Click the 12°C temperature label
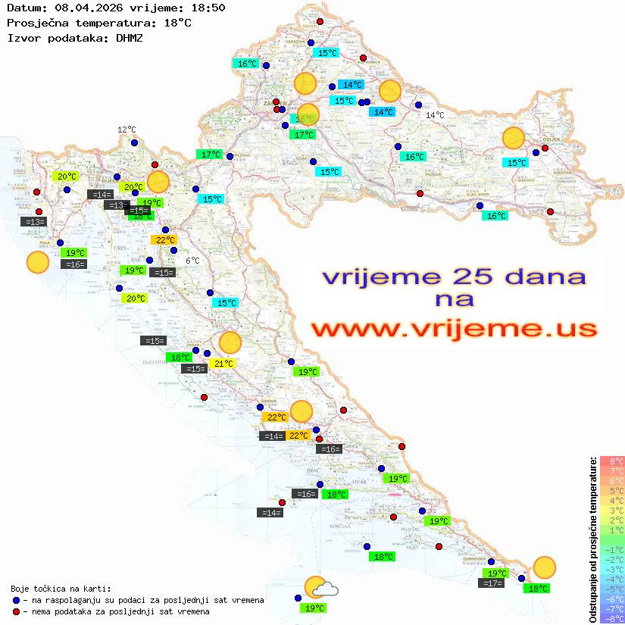pos(127,130)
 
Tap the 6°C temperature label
pos(193,261)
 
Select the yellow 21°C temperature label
pos(223,364)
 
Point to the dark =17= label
pos(492,583)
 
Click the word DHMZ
pos(130,37)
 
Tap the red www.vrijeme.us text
pos(454,330)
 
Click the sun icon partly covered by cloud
pos(316,588)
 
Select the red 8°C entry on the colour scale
pos(612,461)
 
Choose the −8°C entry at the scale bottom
pos(612,618)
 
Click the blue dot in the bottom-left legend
pos(17,600)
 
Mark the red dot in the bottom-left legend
pos(17,611)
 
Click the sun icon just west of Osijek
pos(514,138)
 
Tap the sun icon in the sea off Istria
pos(37,262)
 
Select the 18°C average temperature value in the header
pos(177,23)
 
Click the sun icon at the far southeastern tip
pos(544,567)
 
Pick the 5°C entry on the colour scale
pos(612,491)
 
